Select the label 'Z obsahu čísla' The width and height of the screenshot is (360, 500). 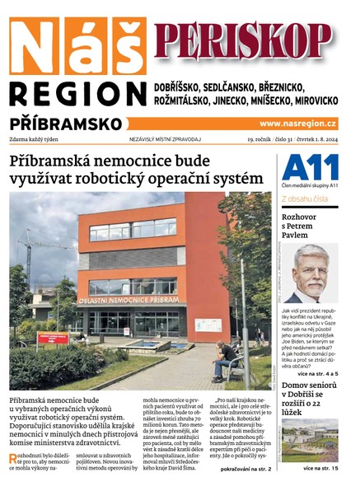coord(306,199)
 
